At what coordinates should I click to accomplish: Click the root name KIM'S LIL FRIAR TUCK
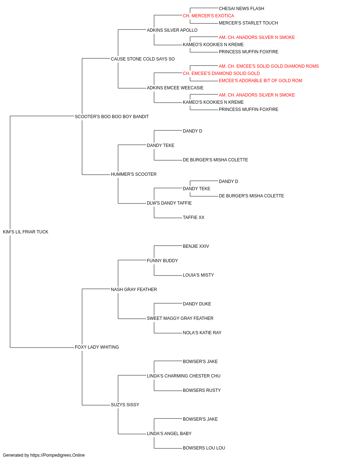coord(26,232)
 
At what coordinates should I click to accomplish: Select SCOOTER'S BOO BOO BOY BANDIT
coord(112,117)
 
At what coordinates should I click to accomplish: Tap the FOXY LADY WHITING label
coord(97,347)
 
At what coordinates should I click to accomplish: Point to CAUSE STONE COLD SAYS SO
coord(143,59)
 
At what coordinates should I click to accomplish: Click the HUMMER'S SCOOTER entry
coord(134,174)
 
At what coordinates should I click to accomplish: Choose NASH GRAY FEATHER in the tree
coord(134,289)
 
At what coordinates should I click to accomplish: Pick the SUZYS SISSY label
coord(125,404)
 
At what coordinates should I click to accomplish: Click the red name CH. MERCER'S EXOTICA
coord(208,16)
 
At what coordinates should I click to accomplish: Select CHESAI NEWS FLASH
coord(242,9)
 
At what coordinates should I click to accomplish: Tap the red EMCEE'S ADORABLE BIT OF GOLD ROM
coord(260,81)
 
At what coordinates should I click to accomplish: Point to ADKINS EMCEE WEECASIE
coord(175,88)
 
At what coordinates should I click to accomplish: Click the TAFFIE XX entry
coord(194,218)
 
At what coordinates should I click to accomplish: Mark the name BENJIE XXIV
coord(196,246)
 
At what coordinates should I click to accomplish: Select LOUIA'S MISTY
coord(198,275)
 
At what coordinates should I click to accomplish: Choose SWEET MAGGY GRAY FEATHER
coord(180,318)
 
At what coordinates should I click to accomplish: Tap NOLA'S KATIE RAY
coord(202,333)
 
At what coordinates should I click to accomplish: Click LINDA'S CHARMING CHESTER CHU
coord(184,376)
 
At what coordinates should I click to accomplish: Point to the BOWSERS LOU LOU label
coord(204,448)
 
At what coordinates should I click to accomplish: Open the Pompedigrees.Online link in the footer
coord(58,455)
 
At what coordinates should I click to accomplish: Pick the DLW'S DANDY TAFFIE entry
coord(169,203)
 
